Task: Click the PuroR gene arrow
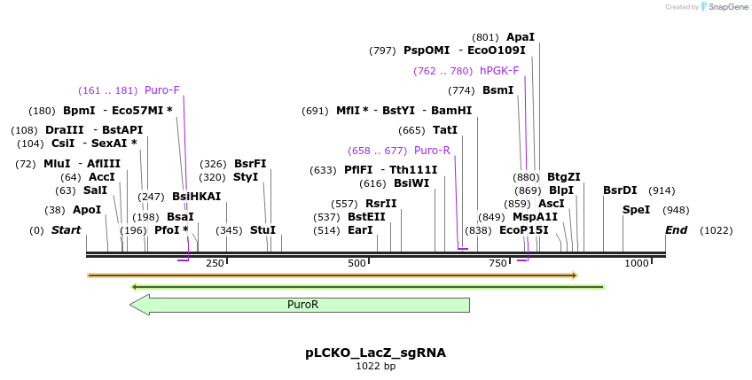[x=302, y=305]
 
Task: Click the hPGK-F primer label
[x=499, y=71]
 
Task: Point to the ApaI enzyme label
[x=521, y=37]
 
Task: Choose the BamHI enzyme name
[x=451, y=111]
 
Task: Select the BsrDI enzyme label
[x=620, y=190]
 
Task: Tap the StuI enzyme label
[x=262, y=230]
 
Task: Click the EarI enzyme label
[x=360, y=230]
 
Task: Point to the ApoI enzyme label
[x=87, y=210]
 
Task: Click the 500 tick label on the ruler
[x=356, y=263]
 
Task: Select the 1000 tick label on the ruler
[x=636, y=263]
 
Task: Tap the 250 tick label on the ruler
[x=215, y=263]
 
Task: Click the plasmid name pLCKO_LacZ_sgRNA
[x=376, y=353]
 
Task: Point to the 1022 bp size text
[x=376, y=366]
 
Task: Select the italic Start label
[x=67, y=230]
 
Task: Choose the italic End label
[x=677, y=230]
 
